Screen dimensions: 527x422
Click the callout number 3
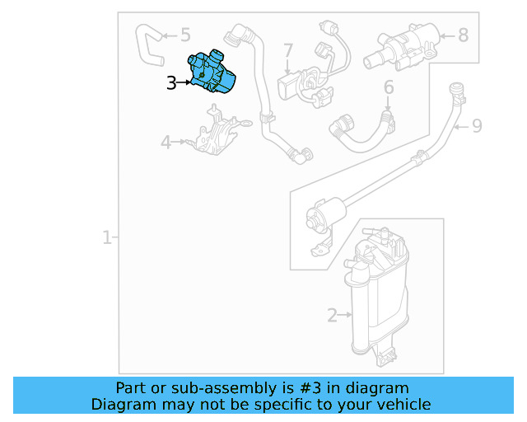tap(171, 82)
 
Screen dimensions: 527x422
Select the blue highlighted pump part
tap(212, 73)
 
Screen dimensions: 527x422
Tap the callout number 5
tap(185, 35)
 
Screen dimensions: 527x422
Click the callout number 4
tap(166, 142)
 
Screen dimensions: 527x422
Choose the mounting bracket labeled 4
tap(217, 132)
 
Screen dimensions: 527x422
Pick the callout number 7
tap(288, 50)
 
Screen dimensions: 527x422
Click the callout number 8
tap(463, 35)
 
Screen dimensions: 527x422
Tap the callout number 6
tap(389, 87)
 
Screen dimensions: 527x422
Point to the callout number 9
tap(477, 126)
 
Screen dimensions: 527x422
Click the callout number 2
tap(332, 316)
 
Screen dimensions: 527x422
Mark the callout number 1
tap(106, 237)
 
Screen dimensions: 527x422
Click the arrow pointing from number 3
tap(184, 82)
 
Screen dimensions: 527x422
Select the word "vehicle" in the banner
tap(410, 404)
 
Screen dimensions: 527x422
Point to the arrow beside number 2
tap(345, 315)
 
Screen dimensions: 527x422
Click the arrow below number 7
tap(287, 67)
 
